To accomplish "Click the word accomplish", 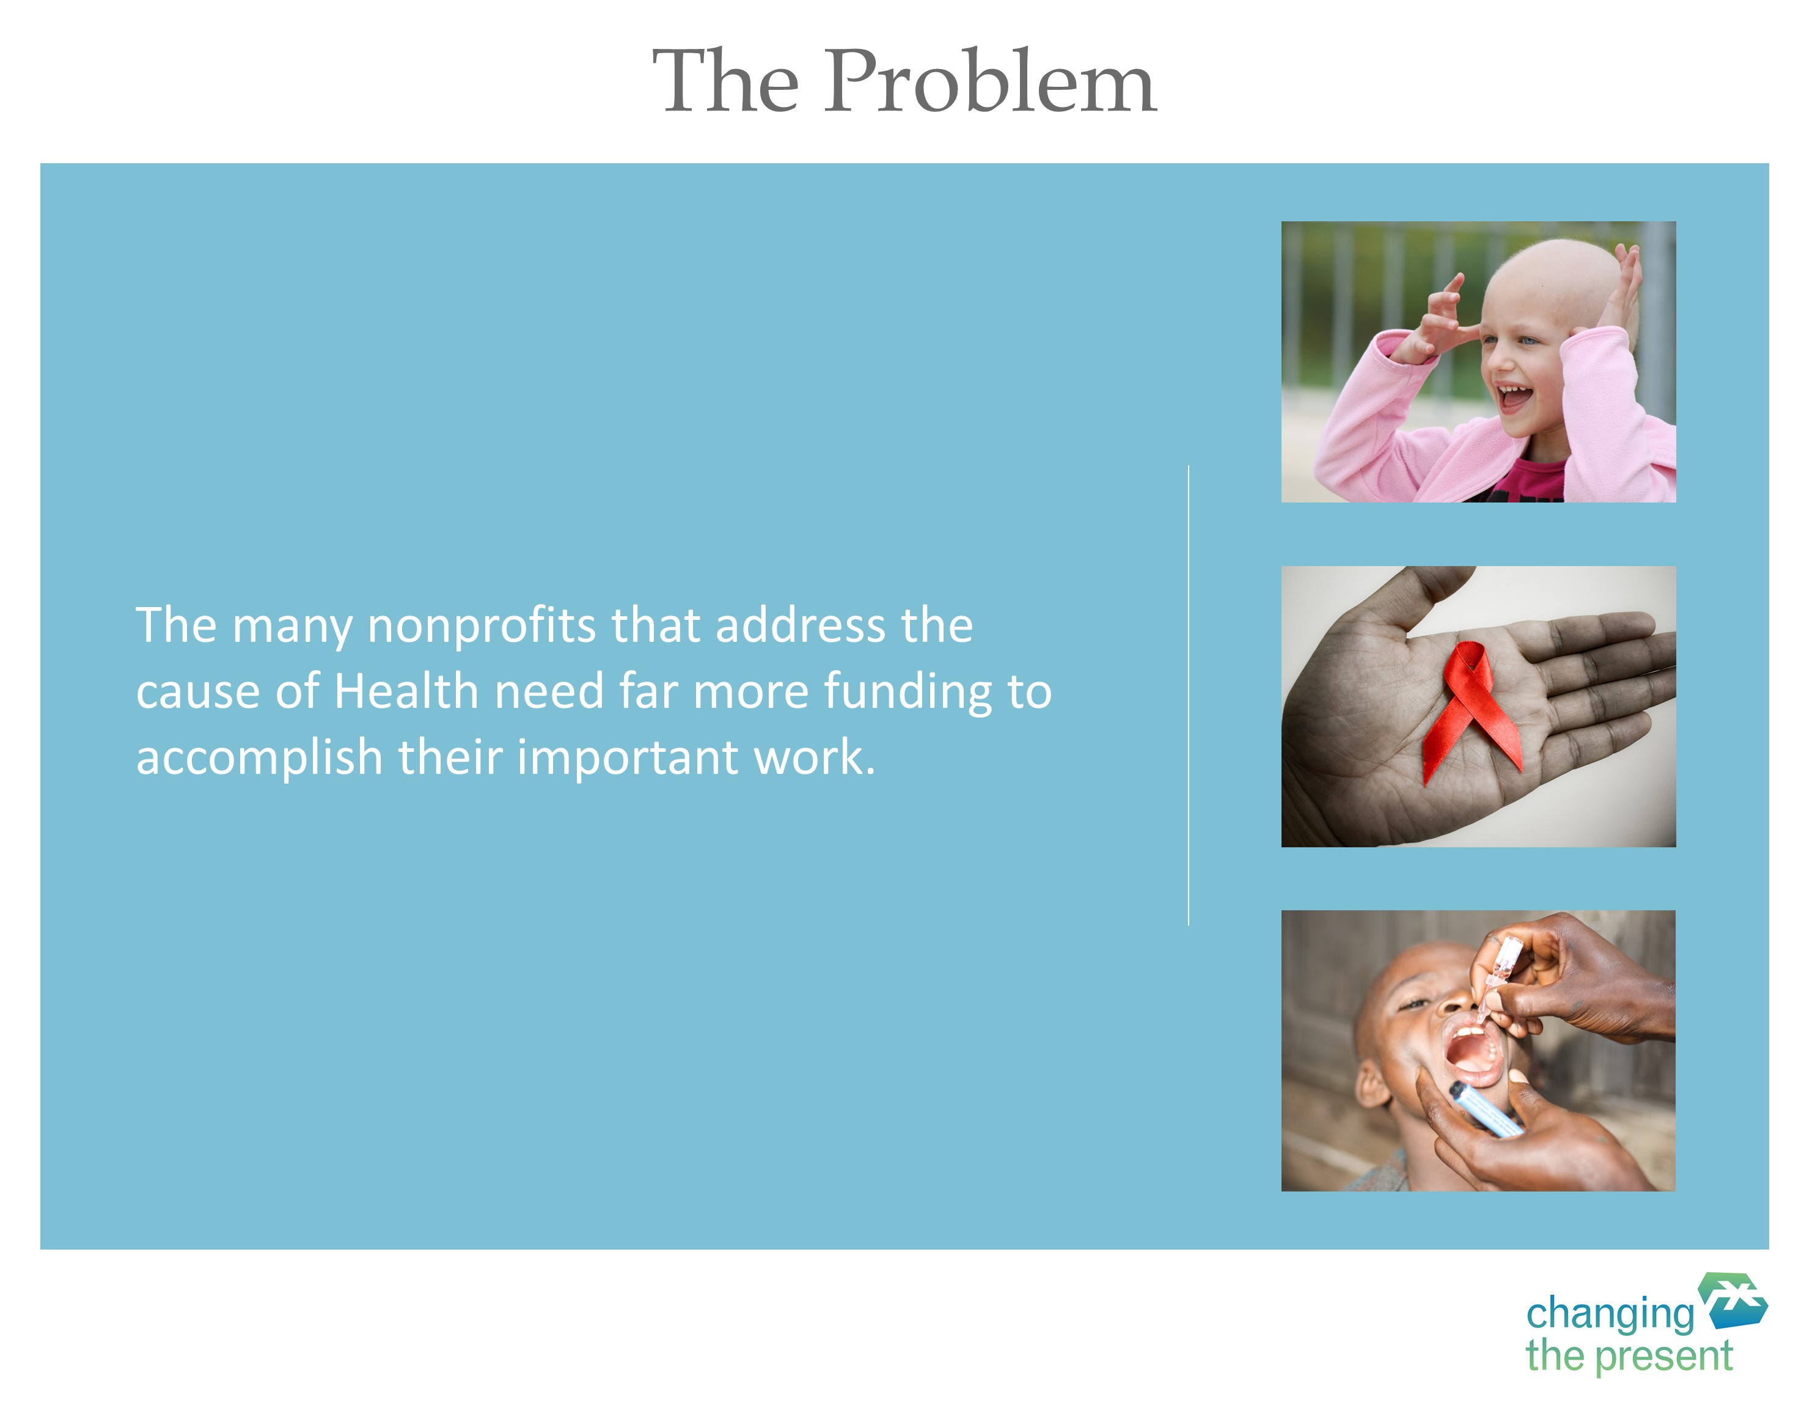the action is pos(259,759).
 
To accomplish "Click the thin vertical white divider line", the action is pos(1189,695).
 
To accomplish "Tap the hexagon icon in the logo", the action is pos(1732,1301).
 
